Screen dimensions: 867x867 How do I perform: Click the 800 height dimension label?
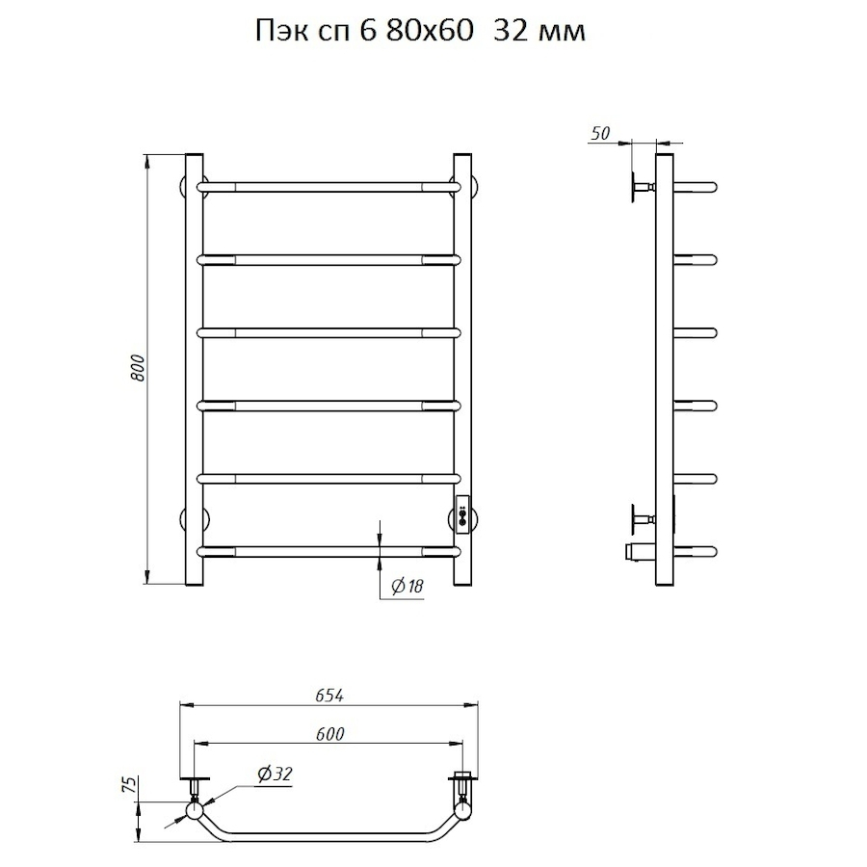[x=138, y=368]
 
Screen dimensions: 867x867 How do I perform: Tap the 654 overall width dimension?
[x=329, y=696]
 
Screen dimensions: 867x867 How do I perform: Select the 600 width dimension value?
[x=330, y=734]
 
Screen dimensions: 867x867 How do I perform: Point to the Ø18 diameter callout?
[x=407, y=586]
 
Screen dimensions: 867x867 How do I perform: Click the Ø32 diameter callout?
[x=275, y=775]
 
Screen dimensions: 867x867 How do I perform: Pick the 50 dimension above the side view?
[x=600, y=133]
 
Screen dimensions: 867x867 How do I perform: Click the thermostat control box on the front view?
[x=462, y=514]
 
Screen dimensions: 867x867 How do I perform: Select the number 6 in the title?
[x=367, y=32]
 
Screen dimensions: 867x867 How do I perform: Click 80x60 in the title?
[x=431, y=32]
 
